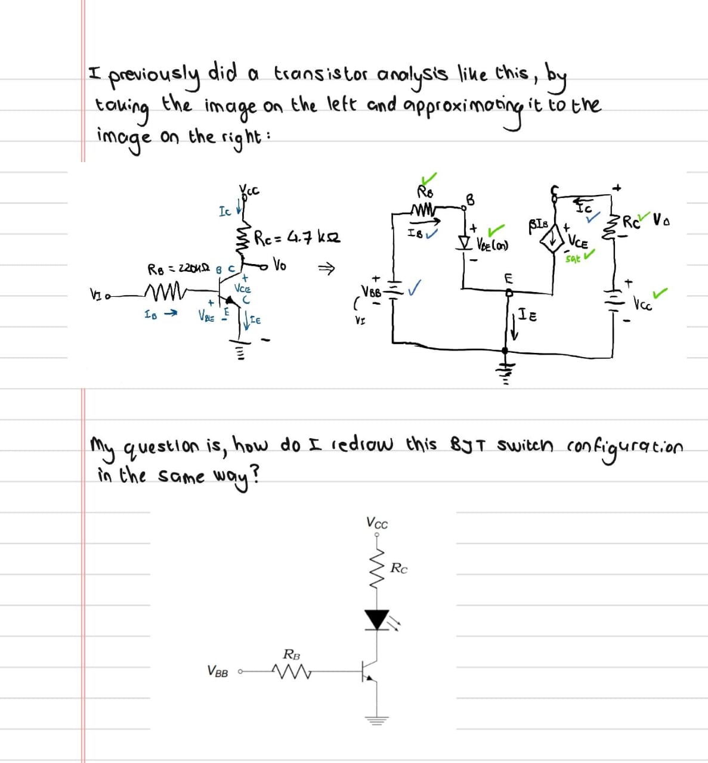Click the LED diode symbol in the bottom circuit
pyautogui.click(x=377, y=619)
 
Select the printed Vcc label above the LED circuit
pyautogui.click(x=376, y=523)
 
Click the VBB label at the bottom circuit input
pyautogui.click(x=218, y=672)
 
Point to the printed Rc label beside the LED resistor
pyautogui.click(x=398, y=569)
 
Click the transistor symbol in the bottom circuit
pyautogui.click(x=371, y=672)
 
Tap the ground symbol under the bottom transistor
pyautogui.click(x=376, y=719)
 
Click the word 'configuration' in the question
pyautogui.click(x=624, y=446)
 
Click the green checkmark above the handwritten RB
pyautogui.click(x=429, y=178)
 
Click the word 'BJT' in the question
pyautogui.click(x=474, y=446)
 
